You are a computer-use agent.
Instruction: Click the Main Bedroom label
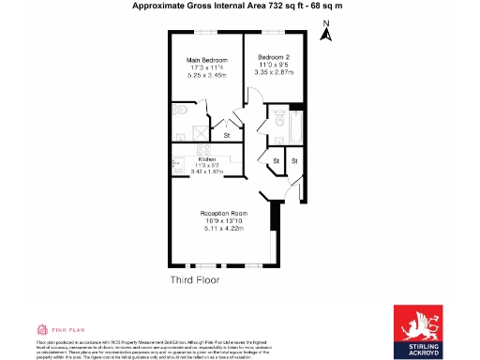point(206,60)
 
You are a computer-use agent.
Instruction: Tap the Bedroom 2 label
point(274,57)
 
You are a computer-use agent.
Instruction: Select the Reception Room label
point(222,214)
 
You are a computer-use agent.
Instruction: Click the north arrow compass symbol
point(326,35)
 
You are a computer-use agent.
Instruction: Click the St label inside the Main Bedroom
point(226,135)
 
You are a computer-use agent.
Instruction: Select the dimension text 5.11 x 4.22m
point(222,230)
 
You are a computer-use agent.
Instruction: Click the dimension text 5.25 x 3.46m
point(206,76)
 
